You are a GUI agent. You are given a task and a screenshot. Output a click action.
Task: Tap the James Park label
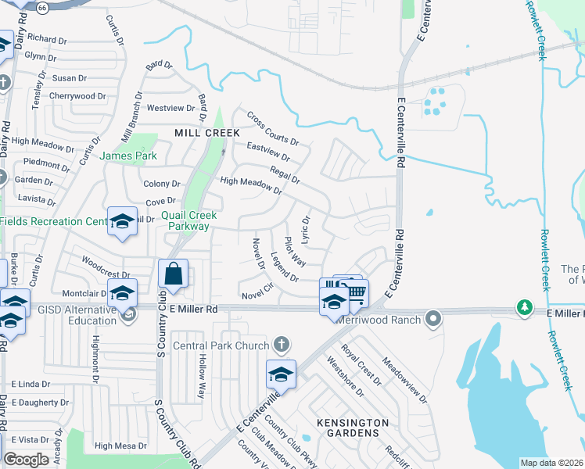(128, 156)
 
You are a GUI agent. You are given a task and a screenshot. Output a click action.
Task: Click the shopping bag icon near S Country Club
(173, 274)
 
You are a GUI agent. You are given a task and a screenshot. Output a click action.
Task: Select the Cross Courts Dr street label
(273, 128)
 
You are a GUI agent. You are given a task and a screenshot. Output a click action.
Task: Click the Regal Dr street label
(285, 176)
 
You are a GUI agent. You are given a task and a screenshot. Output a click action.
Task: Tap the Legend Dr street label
(285, 267)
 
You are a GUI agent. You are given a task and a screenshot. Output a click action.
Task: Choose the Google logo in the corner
(26, 460)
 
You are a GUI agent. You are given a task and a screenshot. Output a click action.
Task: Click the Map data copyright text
(551, 463)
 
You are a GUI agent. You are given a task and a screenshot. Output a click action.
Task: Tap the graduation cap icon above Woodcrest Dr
(122, 223)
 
